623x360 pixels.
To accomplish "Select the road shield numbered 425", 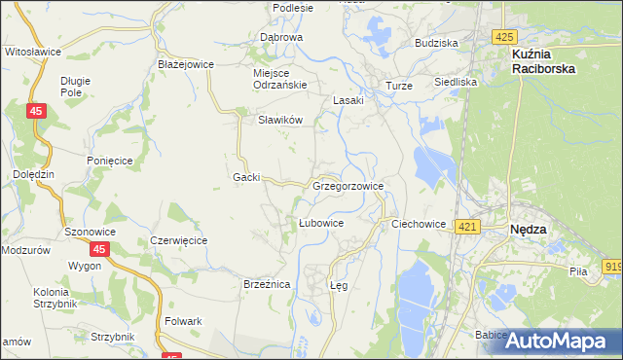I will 502,37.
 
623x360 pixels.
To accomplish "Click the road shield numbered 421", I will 467,227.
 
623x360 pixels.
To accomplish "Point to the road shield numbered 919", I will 613,266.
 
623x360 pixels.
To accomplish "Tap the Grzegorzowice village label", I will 348,185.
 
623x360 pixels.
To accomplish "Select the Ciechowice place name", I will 419,224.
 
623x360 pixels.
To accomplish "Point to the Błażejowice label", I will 185,64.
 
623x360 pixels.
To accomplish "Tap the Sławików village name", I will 280,120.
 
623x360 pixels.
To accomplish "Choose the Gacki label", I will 246,177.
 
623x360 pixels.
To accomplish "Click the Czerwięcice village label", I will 178,239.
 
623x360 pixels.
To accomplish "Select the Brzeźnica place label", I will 267,284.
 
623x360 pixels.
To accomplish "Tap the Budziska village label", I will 436,44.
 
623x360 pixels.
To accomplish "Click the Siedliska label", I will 456,83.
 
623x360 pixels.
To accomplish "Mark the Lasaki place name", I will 348,100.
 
